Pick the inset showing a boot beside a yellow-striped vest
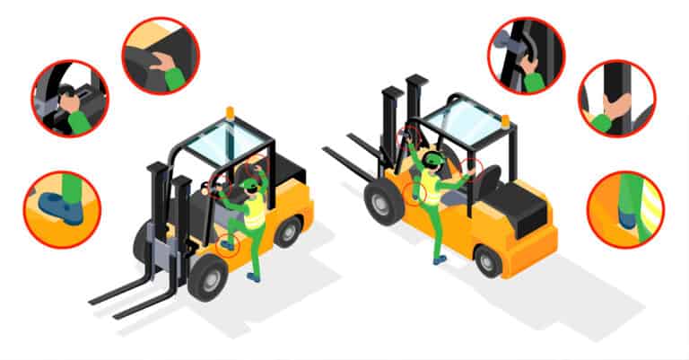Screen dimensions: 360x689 [624, 209]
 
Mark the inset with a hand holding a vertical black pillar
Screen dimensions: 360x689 [616, 100]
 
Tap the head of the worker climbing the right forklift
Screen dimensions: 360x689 [432, 162]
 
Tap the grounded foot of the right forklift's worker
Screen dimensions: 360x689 [439, 259]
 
